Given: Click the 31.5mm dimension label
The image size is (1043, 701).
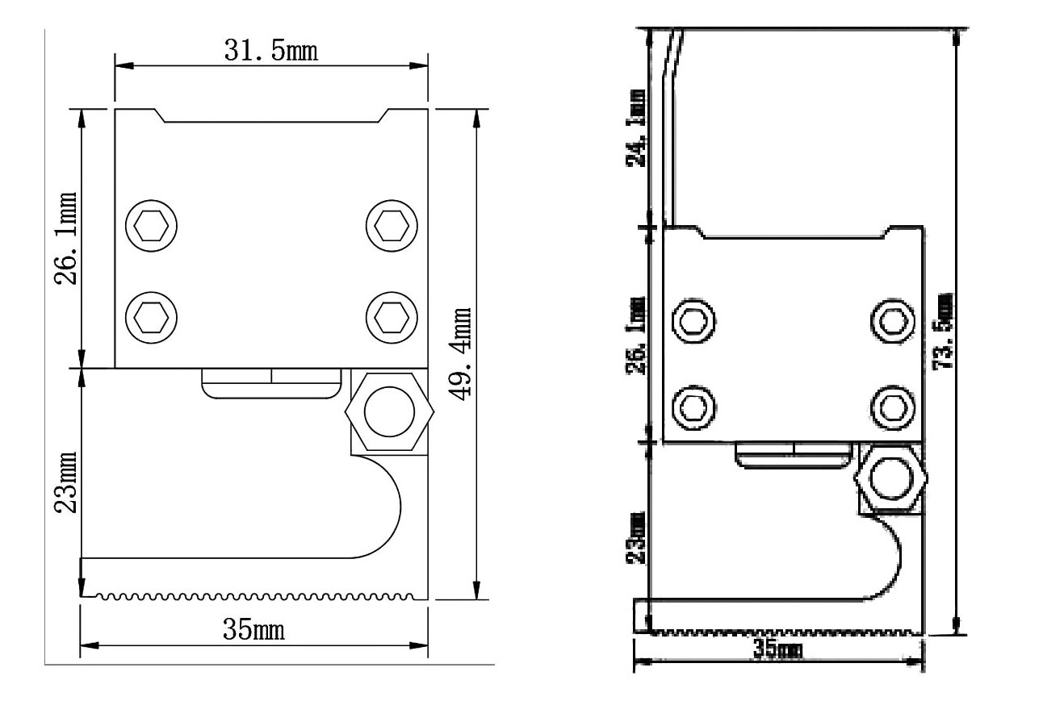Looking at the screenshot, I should tap(270, 50).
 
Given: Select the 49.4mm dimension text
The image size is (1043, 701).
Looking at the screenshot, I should tap(461, 353).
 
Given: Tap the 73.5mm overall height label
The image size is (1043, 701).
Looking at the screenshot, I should tap(941, 331).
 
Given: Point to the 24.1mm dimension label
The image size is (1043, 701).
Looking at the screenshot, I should tap(637, 128).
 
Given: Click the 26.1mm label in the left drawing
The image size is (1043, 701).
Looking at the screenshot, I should tap(65, 238).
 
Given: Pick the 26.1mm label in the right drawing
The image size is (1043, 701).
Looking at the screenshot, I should tap(637, 335).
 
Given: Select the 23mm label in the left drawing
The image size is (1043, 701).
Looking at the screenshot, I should tap(65, 482).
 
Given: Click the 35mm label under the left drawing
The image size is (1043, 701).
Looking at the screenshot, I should tap(253, 629).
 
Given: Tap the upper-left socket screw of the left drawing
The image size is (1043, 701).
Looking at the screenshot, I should tap(150, 226).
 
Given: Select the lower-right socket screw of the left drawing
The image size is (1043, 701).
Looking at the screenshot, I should tap(392, 315).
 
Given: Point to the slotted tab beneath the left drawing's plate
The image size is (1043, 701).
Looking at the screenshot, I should tap(270, 382).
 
